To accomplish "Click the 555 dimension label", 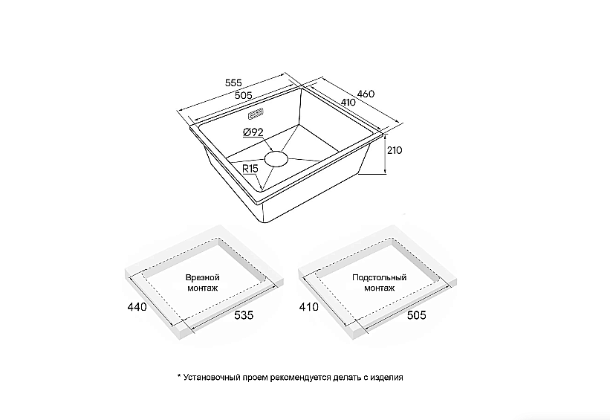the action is (233, 83).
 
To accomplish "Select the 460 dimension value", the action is (366, 94).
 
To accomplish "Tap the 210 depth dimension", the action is (395, 150).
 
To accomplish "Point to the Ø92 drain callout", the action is (253, 132).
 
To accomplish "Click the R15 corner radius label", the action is (250, 169).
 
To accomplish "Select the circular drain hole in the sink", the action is (276, 159).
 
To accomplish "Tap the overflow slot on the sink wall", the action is (256, 114).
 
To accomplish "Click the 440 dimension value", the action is (137, 307).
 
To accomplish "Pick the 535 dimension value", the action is (244, 314).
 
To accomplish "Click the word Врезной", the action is (203, 277).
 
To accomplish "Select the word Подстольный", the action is (380, 277).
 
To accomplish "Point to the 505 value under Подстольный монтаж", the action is (417, 314).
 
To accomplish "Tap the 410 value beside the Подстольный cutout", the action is (309, 307).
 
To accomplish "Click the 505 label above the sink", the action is (244, 95).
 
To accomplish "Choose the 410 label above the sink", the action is (348, 102).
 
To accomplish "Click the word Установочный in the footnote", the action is (211, 377).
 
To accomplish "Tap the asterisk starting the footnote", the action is (179, 376).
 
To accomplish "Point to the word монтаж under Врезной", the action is (203, 288).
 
